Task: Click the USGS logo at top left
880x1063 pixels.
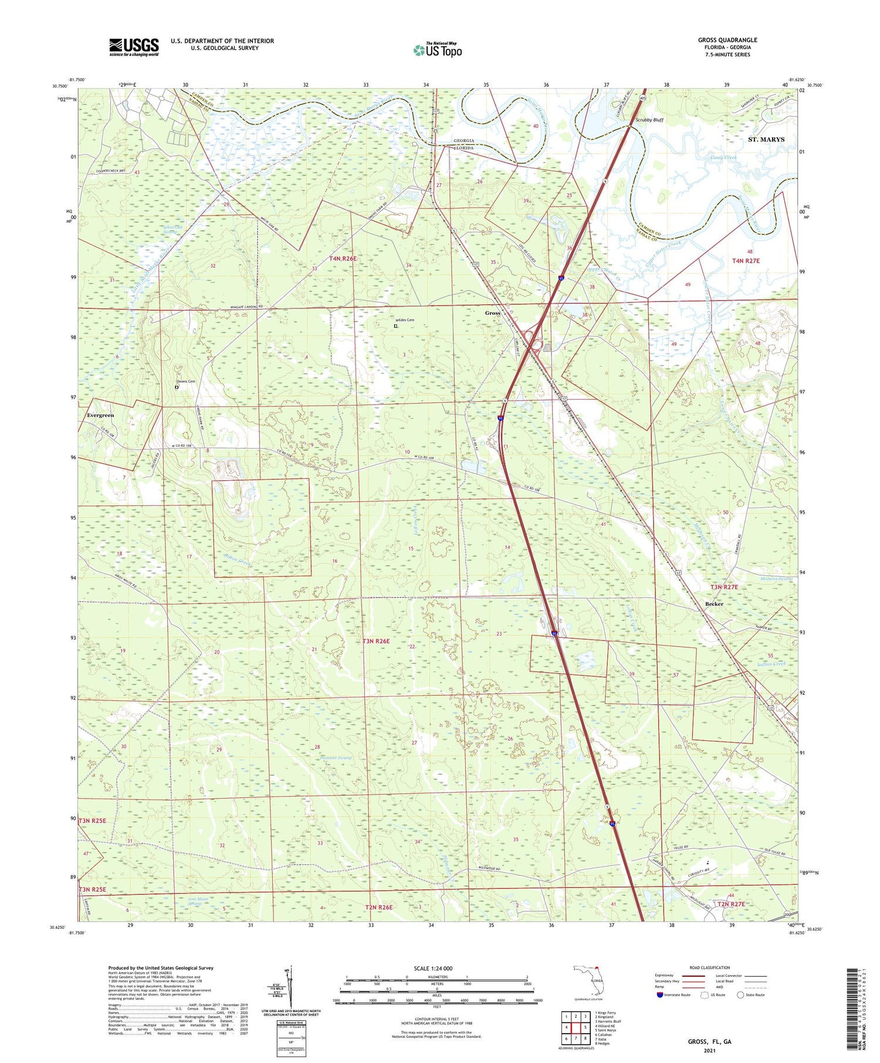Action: (x=134, y=47)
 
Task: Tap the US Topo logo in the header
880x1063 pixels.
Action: (x=437, y=50)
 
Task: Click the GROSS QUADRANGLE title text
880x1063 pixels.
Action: (x=727, y=40)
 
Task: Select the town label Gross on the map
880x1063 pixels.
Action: (x=492, y=313)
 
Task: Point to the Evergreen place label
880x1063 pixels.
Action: (x=100, y=415)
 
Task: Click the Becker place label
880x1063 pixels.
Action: (x=714, y=604)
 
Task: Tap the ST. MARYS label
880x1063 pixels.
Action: (x=766, y=140)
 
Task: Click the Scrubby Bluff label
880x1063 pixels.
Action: (x=649, y=120)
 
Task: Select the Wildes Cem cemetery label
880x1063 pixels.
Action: (x=405, y=320)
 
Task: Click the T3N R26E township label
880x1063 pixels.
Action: (x=384, y=641)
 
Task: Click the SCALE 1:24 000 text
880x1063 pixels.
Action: (x=437, y=968)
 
